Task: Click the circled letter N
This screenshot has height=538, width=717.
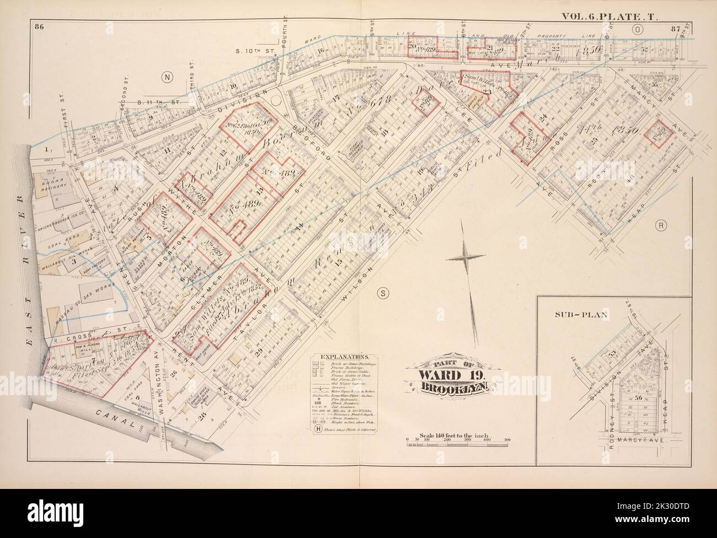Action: pyautogui.click(x=166, y=78)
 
